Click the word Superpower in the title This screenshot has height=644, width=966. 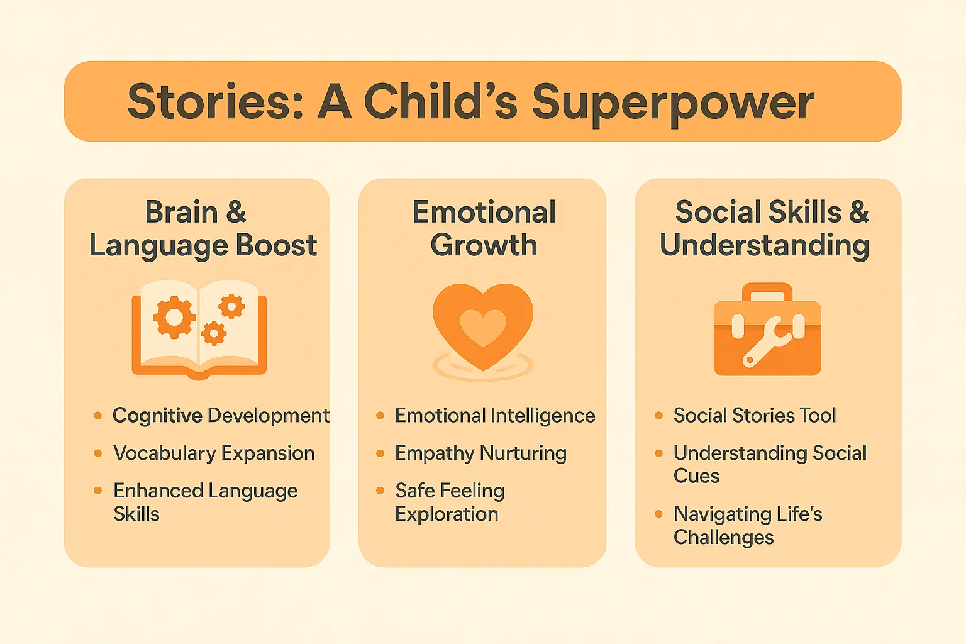[x=673, y=103]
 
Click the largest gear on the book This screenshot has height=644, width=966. [x=174, y=317]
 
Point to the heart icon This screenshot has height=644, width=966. [x=483, y=326]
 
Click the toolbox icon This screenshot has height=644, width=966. [x=767, y=330]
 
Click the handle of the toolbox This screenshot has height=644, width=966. [x=767, y=292]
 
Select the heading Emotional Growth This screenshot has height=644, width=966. [x=484, y=228]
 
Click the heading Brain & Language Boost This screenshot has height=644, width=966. [x=202, y=228]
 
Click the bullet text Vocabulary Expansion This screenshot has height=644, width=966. [x=214, y=453]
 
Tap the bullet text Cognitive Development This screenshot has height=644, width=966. [x=221, y=416]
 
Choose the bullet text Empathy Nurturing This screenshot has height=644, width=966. [x=480, y=453]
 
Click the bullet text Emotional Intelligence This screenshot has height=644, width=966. [x=494, y=416]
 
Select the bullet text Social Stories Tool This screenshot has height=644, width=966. [x=755, y=416]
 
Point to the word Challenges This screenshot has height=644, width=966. [x=723, y=538]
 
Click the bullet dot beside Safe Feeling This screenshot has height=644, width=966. [x=380, y=491]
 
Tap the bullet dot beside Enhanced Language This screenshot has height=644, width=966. [x=97, y=491]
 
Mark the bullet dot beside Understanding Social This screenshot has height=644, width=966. [x=658, y=453]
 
